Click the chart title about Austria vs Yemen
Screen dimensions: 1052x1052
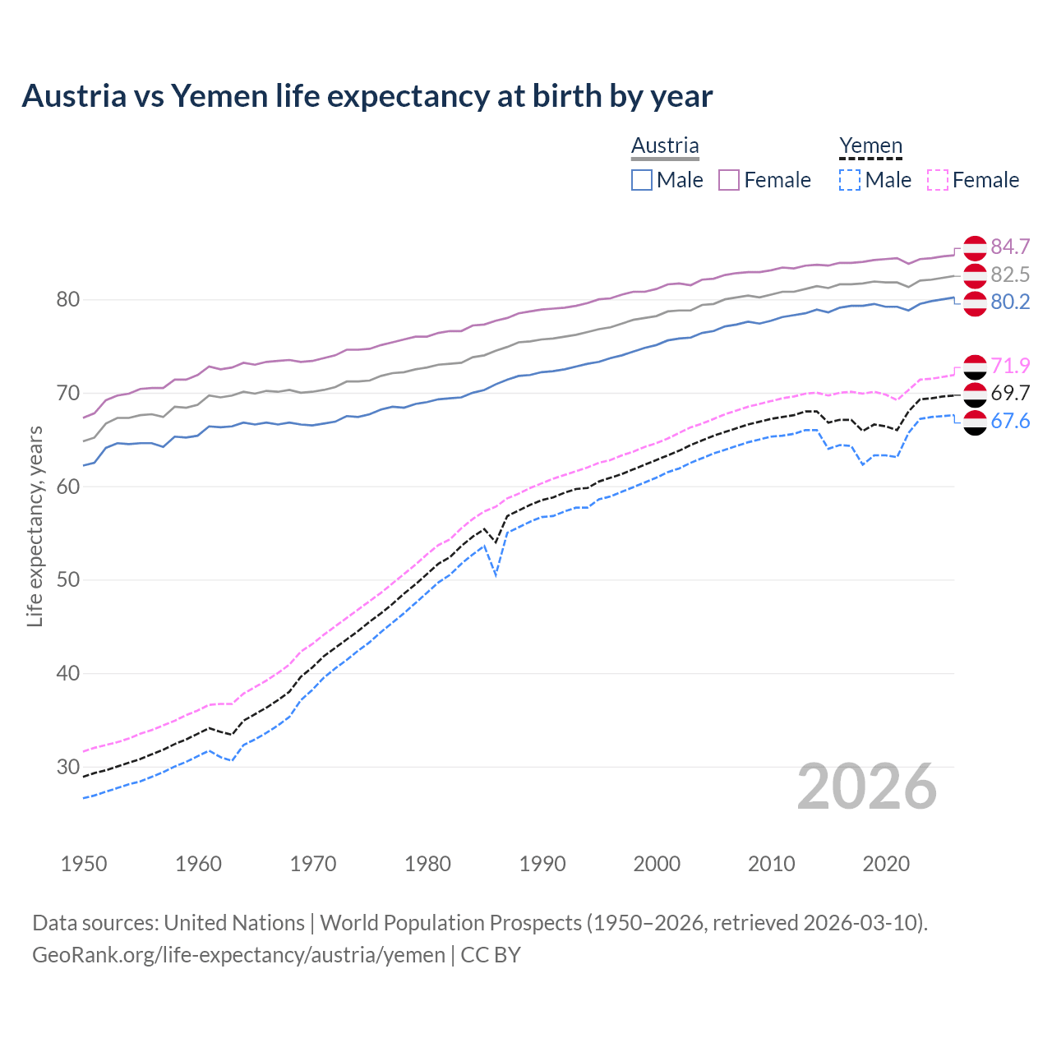click(x=367, y=96)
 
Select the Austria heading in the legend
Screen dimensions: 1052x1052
click(x=665, y=145)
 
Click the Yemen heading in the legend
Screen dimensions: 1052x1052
click(x=870, y=145)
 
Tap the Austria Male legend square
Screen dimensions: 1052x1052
click(x=642, y=180)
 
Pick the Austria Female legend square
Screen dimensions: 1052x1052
click(x=729, y=180)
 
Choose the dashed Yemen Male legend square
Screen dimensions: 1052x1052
click(x=850, y=180)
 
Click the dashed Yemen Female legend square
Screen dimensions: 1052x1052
click(x=938, y=180)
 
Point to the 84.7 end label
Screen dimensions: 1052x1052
click(x=1010, y=247)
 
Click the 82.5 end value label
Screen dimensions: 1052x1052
click(x=1010, y=275)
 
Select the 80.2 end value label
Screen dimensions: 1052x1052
click(x=1010, y=302)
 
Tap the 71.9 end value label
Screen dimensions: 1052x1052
click(x=1010, y=366)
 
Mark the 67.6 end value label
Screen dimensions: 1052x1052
click(x=1010, y=421)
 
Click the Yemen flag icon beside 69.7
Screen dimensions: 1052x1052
click(x=975, y=394)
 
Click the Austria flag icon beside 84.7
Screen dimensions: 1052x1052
click(x=975, y=247)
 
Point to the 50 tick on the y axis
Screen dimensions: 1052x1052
click(x=68, y=579)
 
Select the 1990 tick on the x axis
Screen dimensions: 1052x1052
click(x=542, y=864)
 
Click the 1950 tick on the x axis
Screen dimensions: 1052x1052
click(x=84, y=864)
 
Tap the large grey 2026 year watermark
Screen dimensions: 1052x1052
click(x=866, y=787)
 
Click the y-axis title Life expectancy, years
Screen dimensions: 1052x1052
click(x=35, y=526)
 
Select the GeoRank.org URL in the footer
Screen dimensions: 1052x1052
click(x=238, y=954)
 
